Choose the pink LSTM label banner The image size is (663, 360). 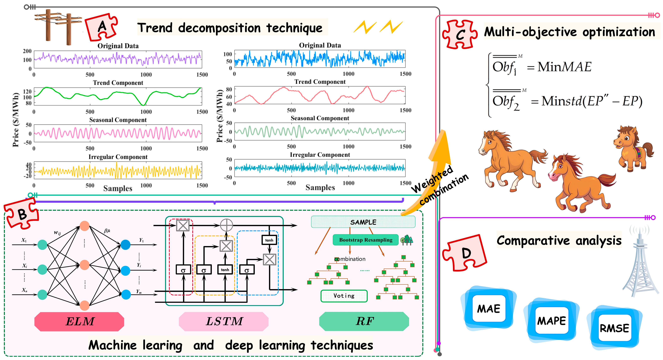tap(224, 321)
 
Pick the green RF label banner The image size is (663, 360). tap(364, 321)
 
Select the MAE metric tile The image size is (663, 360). tap(488, 308)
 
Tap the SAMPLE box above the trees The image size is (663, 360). tap(363, 222)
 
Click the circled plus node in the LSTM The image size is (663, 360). tap(227, 225)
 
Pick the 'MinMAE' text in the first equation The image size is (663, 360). tap(564, 67)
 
